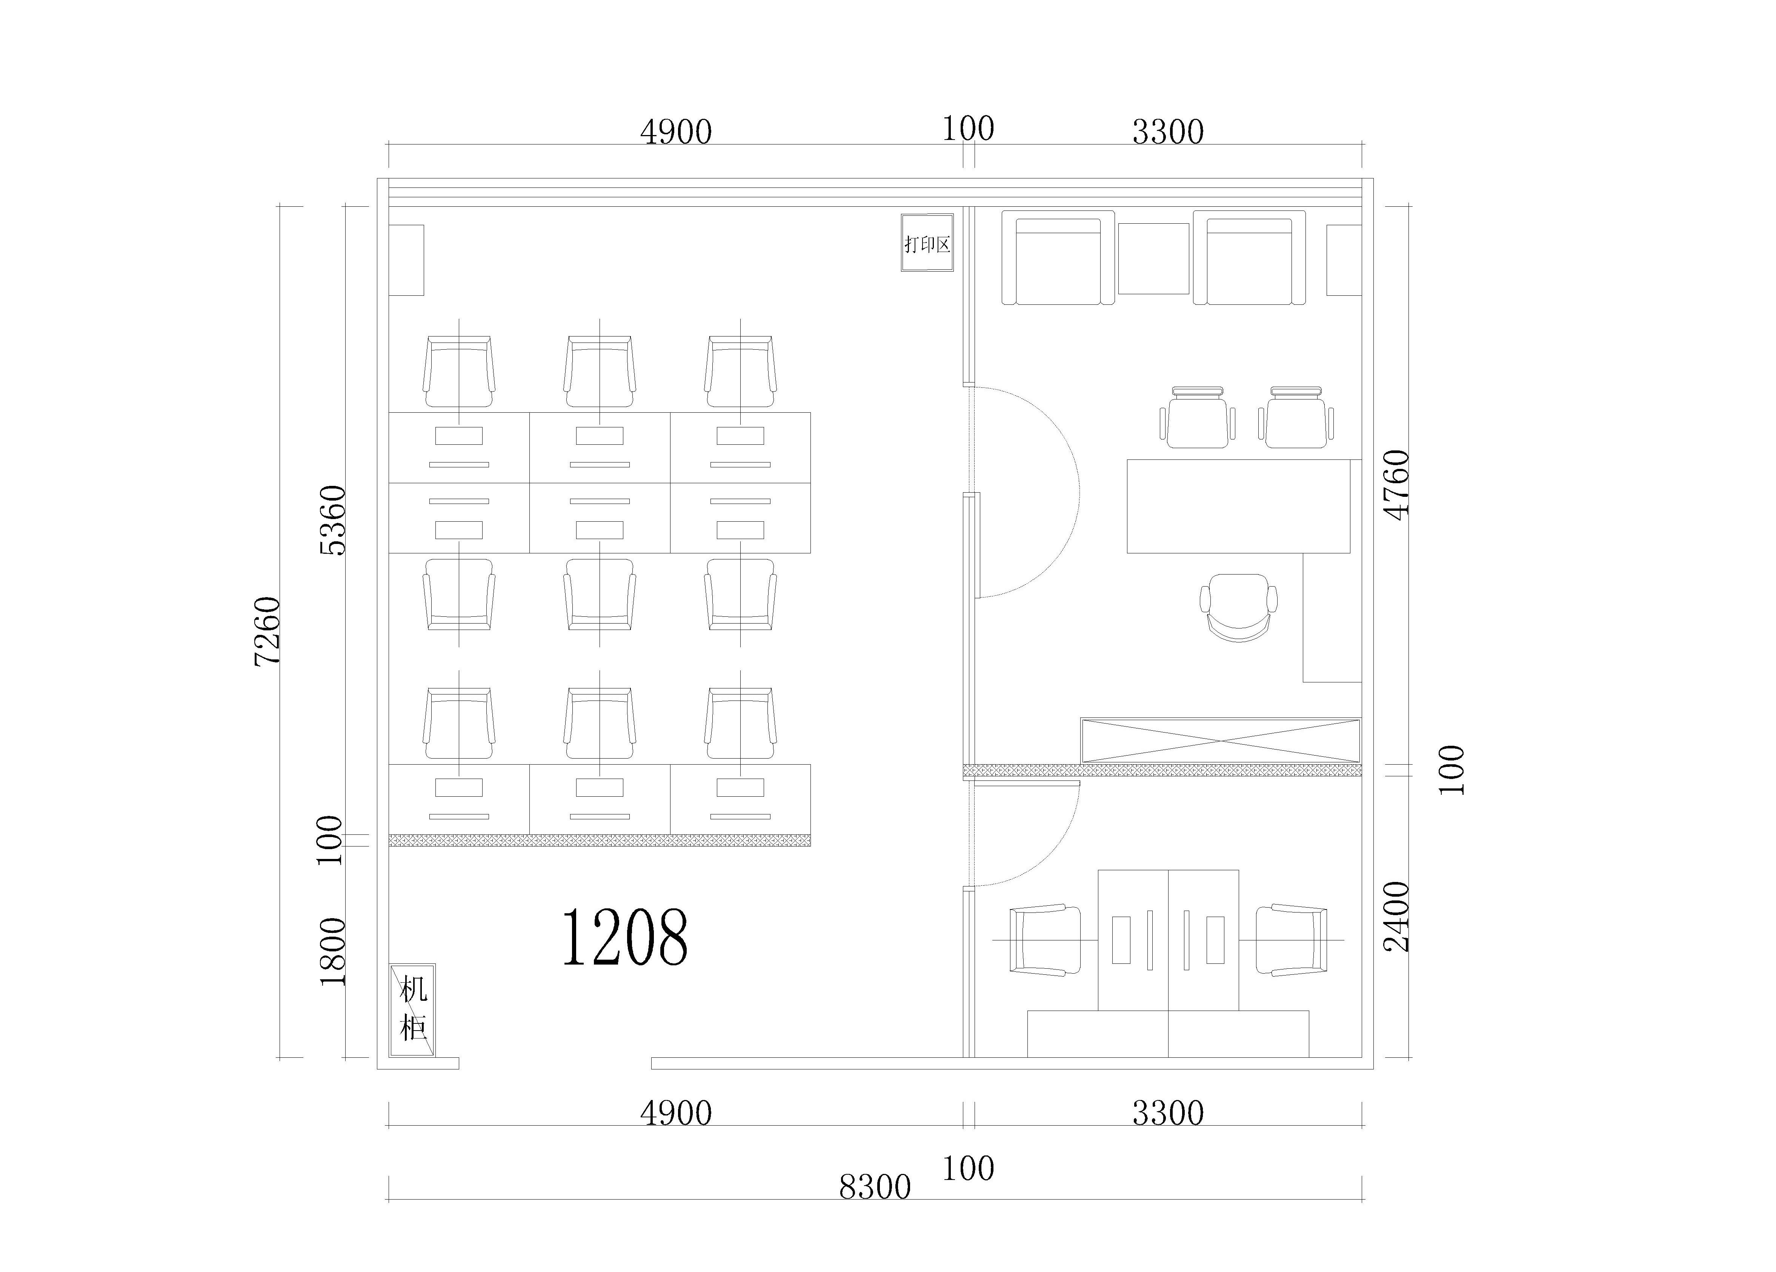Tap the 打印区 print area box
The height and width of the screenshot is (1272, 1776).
(927, 243)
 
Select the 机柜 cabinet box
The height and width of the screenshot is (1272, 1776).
(413, 1010)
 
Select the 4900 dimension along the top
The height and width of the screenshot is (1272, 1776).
(676, 132)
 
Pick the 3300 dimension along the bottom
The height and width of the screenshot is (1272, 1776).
(1167, 1113)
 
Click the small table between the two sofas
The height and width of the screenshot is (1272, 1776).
(1153, 258)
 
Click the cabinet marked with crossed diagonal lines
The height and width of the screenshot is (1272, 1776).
(1221, 740)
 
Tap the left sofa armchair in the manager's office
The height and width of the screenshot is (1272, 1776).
(1058, 258)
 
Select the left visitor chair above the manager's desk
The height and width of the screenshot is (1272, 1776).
(1197, 417)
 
